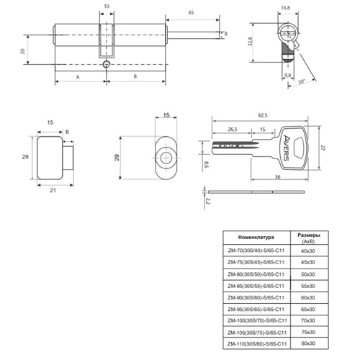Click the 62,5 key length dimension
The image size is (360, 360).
click(x=263, y=115)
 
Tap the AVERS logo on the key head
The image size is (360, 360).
click(x=287, y=148)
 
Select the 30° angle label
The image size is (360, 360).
click(x=302, y=81)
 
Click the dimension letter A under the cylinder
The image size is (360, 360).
click(x=78, y=77)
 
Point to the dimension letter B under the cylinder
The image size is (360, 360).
click(x=135, y=76)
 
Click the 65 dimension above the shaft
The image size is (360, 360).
click(x=191, y=13)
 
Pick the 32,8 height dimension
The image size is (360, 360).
click(x=251, y=41)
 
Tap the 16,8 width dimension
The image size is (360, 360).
click(x=285, y=8)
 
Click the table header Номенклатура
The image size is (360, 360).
click(x=256, y=238)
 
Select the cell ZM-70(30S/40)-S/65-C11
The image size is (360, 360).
click(x=256, y=251)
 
